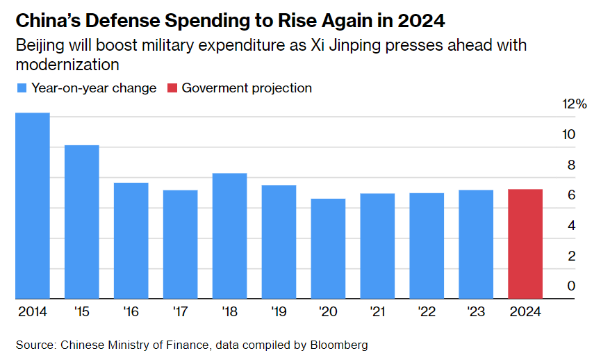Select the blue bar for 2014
tap(33, 206)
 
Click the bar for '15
tap(82, 222)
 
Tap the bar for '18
tap(229, 236)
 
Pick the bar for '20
tap(328, 249)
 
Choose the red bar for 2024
tap(525, 244)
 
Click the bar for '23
tap(476, 244)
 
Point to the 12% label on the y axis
tap(574, 104)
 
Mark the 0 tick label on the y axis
tap(571, 286)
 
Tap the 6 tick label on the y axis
tap(571, 195)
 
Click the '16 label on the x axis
tap(131, 311)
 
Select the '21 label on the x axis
tap(377, 311)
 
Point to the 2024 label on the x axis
tap(525, 311)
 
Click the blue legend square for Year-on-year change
tap(22, 88)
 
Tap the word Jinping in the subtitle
tap(368, 46)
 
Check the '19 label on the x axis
tap(279, 311)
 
